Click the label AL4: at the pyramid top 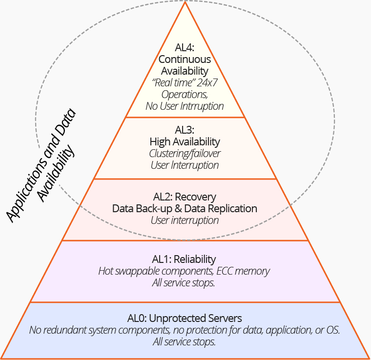(185, 48)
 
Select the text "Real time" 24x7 (185, 82)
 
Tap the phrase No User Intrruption (185, 106)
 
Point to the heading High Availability (185, 142)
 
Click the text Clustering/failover (185, 154)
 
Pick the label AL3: (185, 130)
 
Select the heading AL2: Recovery (185, 197)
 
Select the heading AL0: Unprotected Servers (185, 319)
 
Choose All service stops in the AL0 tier (185, 342)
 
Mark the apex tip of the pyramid (185, 3)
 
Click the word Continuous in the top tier (185, 60)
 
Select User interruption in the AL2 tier (185, 220)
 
